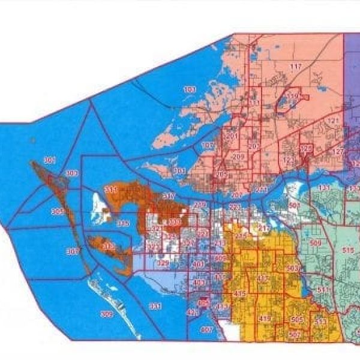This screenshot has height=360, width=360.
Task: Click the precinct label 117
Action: point(296,66)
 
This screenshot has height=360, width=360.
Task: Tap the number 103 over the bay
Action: point(190,90)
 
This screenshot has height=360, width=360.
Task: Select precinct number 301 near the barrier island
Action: point(49,160)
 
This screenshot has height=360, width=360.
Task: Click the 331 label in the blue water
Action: point(155,307)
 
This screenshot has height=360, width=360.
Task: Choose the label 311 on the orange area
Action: point(110,190)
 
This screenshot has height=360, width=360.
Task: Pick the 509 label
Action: point(316,242)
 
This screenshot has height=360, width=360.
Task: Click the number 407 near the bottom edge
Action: point(207,329)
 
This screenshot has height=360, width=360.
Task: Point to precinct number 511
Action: point(323,290)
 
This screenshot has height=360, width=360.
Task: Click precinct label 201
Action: point(232,136)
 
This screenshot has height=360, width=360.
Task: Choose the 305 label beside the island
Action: point(58,212)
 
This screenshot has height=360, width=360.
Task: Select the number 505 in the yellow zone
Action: point(296,319)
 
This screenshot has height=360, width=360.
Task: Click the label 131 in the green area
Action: point(325,188)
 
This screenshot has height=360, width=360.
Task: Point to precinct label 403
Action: point(199,283)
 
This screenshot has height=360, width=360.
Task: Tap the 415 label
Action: point(241,293)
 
